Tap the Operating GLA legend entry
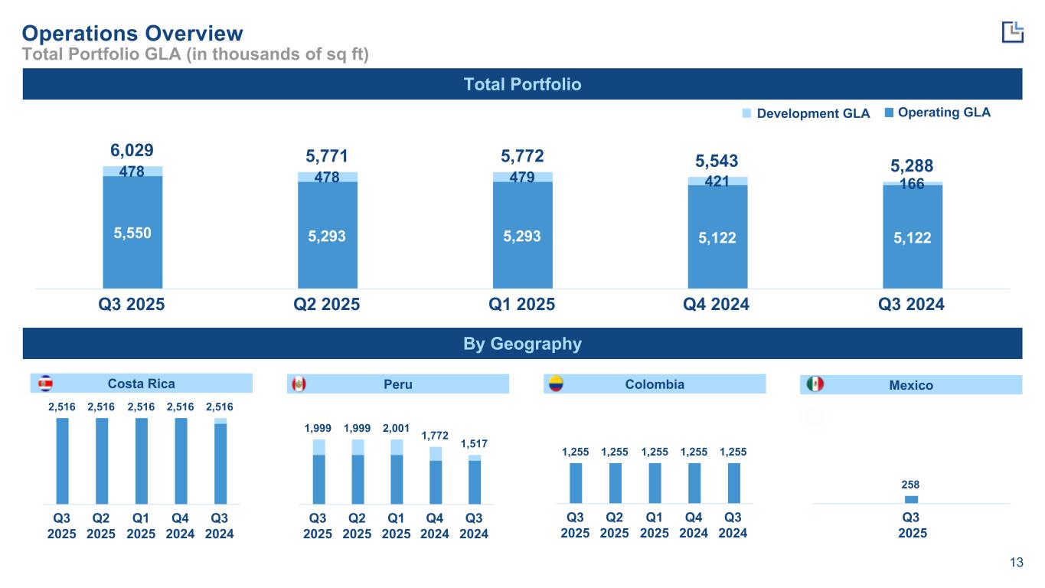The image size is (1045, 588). pos(937,113)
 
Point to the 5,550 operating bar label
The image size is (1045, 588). pos(132,233)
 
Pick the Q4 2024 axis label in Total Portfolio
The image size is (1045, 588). pos(717,304)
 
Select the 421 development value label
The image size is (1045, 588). pos(717,181)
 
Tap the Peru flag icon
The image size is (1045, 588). pos(299,384)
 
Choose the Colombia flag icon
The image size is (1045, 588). pos(554,384)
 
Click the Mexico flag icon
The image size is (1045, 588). pos(815,384)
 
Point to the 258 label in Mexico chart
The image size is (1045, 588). pos(911,485)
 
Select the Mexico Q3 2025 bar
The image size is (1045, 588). pos(911,499)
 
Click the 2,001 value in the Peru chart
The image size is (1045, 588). pos(395,427)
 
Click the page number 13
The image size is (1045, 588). pos(1016,563)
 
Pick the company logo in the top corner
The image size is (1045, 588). pos(1012,31)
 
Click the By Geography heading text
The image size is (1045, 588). pos(522,344)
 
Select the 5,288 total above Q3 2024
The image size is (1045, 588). pos(911,165)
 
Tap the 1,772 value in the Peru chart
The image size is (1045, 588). pos(435,435)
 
